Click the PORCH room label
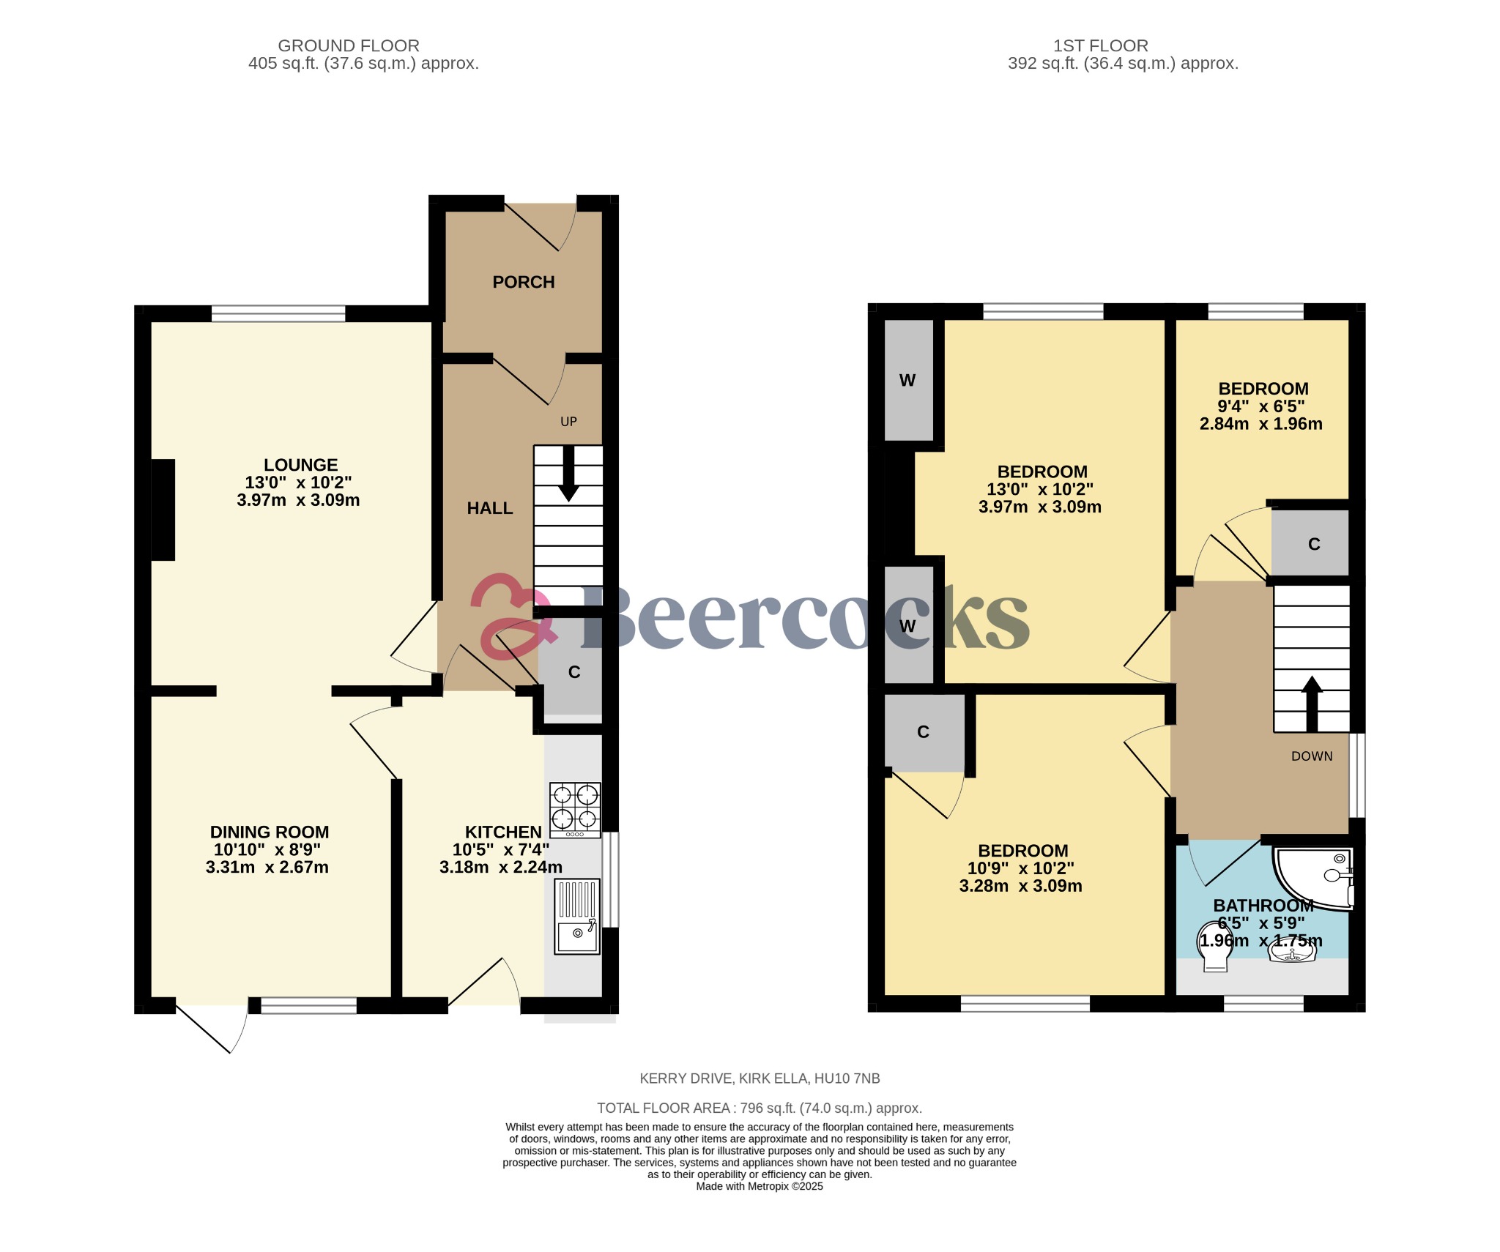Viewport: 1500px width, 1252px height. [x=523, y=282]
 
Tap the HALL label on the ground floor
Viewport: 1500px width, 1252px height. [x=489, y=508]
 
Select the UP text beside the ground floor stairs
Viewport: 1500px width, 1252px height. [x=568, y=422]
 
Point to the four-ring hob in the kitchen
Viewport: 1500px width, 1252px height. [x=575, y=809]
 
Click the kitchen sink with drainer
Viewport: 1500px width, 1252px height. [x=576, y=917]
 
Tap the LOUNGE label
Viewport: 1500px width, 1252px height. [x=300, y=465]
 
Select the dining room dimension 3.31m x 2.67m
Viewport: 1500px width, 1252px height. [x=267, y=868]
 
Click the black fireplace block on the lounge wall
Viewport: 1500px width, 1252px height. [x=163, y=510]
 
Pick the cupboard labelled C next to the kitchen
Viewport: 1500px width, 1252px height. [x=573, y=672]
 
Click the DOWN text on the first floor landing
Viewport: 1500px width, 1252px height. [x=1311, y=756]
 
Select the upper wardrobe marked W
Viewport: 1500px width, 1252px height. [x=907, y=380]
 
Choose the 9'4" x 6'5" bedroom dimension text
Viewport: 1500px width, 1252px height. [x=1260, y=406]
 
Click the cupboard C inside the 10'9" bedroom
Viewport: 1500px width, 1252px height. [x=923, y=732]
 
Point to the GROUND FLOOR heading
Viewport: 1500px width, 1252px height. [x=348, y=45]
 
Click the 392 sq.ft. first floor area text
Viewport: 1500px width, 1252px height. [x=1123, y=64]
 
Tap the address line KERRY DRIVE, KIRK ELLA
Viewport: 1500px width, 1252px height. [x=760, y=1078]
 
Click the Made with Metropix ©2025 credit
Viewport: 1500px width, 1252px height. [x=760, y=1187]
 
